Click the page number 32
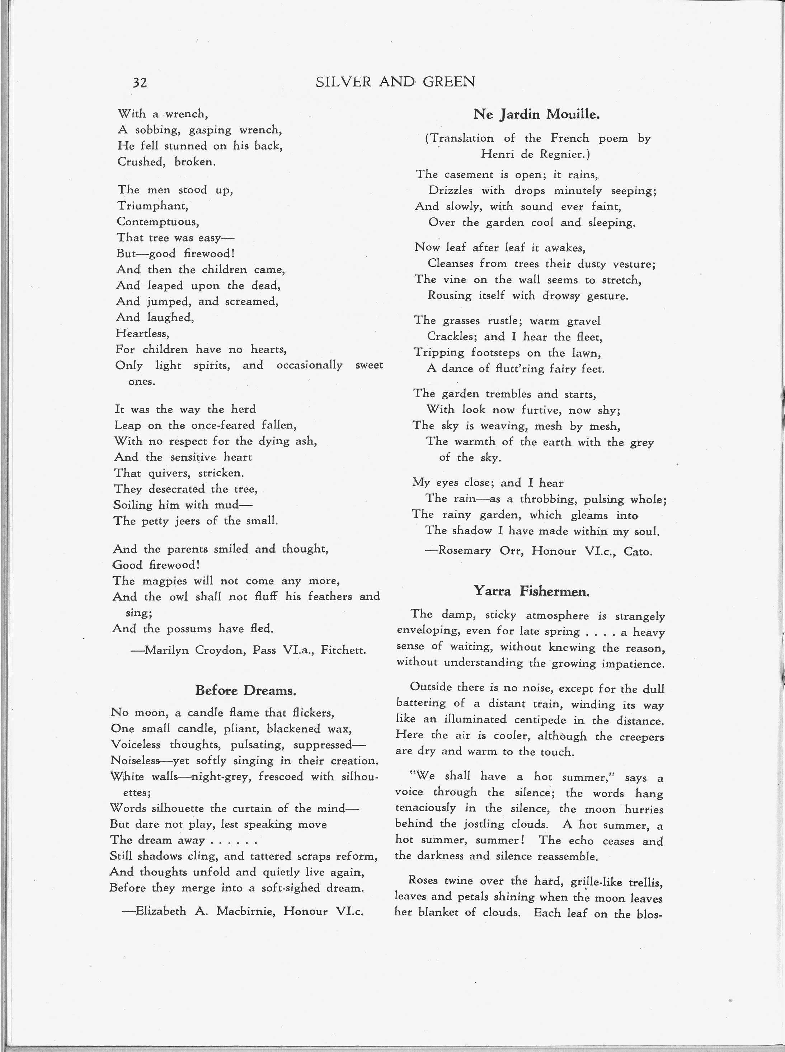pyautogui.click(x=140, y=83)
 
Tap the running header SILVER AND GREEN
pyautogui.click(x=395, y=82)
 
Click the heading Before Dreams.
pyautogui.click(x=246, y=690)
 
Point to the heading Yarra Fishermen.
pyautogui.click(x=531, y=591)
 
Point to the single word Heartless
pyautogui.click(x=142, y=334)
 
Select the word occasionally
pyautogui.click(x=309, y=365)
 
